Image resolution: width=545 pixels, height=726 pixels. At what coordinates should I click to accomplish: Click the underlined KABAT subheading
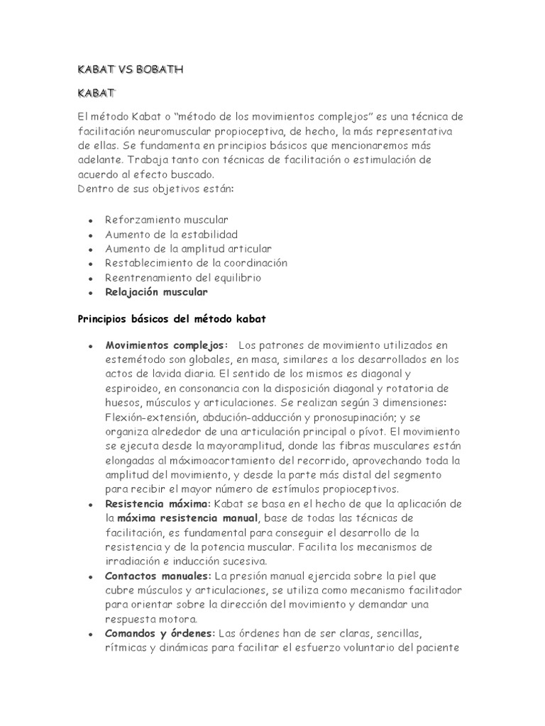click(96, 93)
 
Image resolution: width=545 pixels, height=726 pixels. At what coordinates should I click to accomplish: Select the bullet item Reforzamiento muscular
click(167, 220)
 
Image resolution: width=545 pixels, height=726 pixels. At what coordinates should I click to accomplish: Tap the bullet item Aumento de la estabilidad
click(171, 234)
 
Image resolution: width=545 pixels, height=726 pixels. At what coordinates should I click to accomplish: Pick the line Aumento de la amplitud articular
click(188, 248)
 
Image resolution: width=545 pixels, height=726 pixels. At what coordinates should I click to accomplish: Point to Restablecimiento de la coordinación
click(197, 262)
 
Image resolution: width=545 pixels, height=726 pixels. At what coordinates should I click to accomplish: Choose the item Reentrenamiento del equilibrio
click(183, 277)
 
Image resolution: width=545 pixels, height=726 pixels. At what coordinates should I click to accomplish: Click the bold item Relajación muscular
click(157, 291)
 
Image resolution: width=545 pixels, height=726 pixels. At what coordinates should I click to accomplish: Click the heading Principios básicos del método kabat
click(171, 319)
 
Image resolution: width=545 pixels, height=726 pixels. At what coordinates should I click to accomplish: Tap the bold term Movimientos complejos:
click(167, 345)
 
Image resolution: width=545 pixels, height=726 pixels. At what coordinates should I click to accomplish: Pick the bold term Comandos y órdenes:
click(160, 633)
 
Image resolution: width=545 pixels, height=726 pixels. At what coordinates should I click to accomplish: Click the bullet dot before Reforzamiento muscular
click(90, 221)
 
